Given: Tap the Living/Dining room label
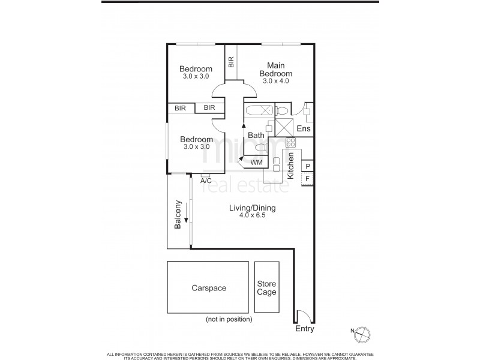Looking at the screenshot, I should click(251, 208).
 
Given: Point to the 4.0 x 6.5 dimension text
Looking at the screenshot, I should click(251, 215).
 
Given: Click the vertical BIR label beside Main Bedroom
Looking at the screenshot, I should click(231, 62).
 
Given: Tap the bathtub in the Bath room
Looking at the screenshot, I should click(259, 110).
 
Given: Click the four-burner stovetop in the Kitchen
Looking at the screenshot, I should click(290, 142).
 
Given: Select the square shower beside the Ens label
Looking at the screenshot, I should click(284, 127).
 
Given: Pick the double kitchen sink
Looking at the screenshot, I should click(277, 165).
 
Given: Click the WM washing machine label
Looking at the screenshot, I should click(256, 163).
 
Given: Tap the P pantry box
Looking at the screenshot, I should click(307, 166).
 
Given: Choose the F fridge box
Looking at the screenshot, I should click(307, 178).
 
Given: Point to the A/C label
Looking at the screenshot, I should click(206, 179).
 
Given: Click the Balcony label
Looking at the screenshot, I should click(178, 215).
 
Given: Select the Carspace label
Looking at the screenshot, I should click(208, 288).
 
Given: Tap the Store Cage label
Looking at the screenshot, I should click(266, 288).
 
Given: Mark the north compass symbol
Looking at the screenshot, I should click(364, 332).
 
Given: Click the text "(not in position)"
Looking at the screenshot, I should click(229, 319).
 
